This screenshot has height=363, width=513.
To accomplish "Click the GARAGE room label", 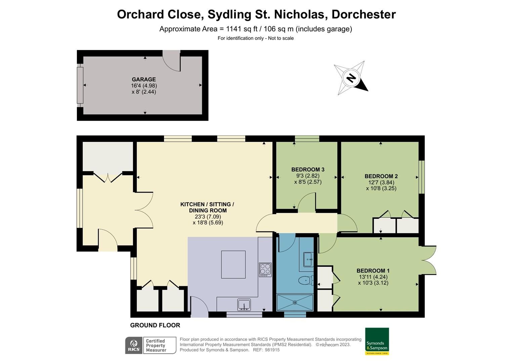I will pos(143,79).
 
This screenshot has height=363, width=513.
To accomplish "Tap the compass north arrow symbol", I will pos(351,78).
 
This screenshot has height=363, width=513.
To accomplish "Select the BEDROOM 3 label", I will pos(308,169).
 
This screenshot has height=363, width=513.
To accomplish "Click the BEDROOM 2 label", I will pos(381,176).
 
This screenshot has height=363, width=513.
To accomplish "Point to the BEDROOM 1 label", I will pos(373,271).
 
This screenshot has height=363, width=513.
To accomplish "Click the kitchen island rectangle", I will pos(233,265).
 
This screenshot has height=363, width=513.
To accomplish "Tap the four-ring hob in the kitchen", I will pos(265,270).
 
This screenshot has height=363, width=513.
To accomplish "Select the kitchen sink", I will pos(244,305).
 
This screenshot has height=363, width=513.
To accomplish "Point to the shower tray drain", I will pos(295,302).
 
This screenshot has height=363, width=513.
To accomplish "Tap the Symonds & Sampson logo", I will pos(377,341).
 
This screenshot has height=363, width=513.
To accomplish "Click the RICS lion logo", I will pos(134,345).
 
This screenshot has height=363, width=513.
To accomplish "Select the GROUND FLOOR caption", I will pos(155,325).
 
